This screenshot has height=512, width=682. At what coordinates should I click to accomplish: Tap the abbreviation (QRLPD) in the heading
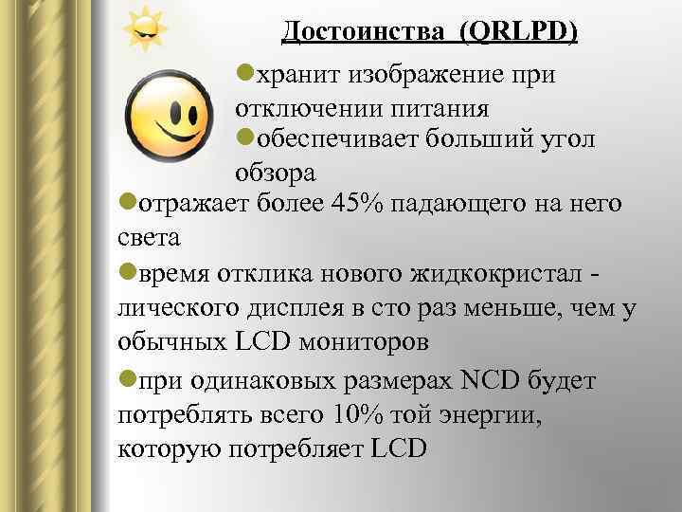click(518, 32)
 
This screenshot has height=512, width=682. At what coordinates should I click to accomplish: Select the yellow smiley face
click(170, 113)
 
